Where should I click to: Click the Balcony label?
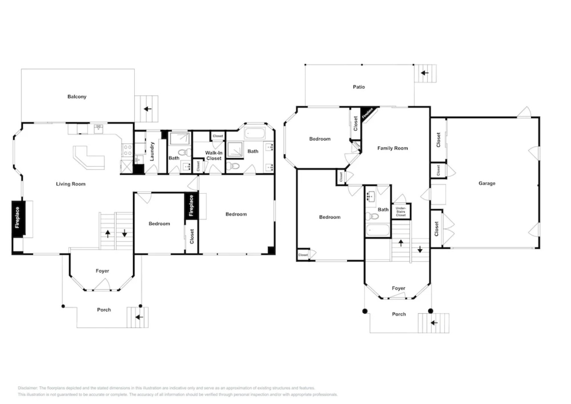(77, 97)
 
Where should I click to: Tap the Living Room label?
(71, 184)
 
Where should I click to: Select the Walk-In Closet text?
(213, 156)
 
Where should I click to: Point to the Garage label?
(487, 183)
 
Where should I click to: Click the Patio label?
(359, 87)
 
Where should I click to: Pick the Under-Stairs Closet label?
(401, 212)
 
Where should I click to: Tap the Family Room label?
(392, 148)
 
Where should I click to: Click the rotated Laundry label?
(152, 151)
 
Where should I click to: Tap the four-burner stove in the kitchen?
(127, 150)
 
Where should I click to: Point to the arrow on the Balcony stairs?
(148, 109)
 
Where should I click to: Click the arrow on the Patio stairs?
(425, 73)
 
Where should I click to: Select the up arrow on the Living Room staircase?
(108, 234)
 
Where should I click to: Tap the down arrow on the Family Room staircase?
(420, 249)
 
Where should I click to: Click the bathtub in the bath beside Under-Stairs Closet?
(377, 230)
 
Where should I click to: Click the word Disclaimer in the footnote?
(27, 388)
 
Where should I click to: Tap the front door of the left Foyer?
(101, 289)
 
